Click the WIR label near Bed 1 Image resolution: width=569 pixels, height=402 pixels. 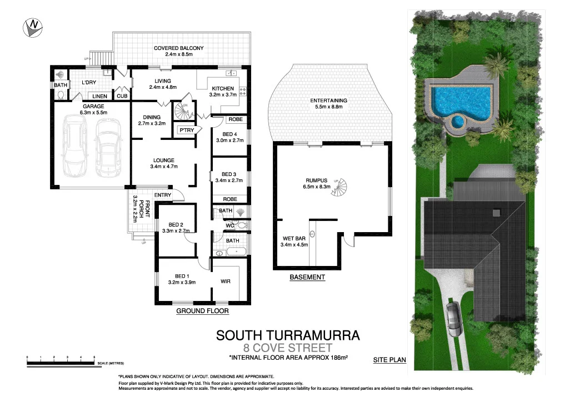click(x=225, y=282)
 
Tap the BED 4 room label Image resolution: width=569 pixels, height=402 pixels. click(x=229, y=134)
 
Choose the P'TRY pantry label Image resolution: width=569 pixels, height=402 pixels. click(x=185, y=130)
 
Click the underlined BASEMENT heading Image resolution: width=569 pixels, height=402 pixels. click(x=307, y=277)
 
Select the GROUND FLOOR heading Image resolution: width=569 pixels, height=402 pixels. click(x=202, y=311)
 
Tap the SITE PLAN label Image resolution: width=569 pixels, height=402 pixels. click(x=389, y=360)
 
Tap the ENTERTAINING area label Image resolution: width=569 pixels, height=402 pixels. click(x=328, y=100)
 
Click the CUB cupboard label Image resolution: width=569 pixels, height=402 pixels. click(x=122, y=96)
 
